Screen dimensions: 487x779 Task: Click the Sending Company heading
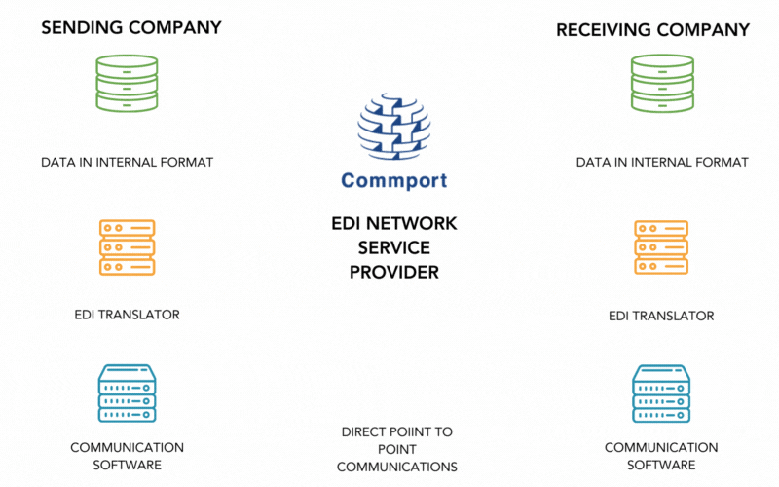click(x=130, y=27)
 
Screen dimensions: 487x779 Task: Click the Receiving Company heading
click(x=652, y=30)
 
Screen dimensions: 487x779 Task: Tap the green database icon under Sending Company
click(x=127, y=83)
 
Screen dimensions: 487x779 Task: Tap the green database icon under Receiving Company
click(x=662, y=83)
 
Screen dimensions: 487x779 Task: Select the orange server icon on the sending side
click(x=127, y=246)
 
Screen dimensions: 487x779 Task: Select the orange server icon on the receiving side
click(x=661, y=246)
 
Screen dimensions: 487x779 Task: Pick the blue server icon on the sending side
click(x=127, y=393)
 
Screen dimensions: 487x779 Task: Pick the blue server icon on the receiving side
click(x=661, y=393)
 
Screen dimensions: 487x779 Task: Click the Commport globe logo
click(x=393, y=128)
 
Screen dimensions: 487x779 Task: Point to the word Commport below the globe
click(x=393, y=181)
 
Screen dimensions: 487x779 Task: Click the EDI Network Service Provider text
click(x=393, y=248)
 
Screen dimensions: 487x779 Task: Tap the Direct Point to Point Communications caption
click(x=396, y=449)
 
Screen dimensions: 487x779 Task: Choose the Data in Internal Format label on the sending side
click(x=127, y=161)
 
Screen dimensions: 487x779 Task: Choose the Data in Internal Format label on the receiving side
click(x=662, y=162)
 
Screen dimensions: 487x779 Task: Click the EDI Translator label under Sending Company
click(x=127, y=315)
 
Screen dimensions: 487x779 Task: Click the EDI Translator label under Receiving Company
click(x=661, y=316)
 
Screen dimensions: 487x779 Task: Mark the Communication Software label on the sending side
click(x=127, y=456)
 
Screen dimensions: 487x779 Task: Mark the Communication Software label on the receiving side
click(x=661, y=456)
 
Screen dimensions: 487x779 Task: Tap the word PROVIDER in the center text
click(x=393, y=272)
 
